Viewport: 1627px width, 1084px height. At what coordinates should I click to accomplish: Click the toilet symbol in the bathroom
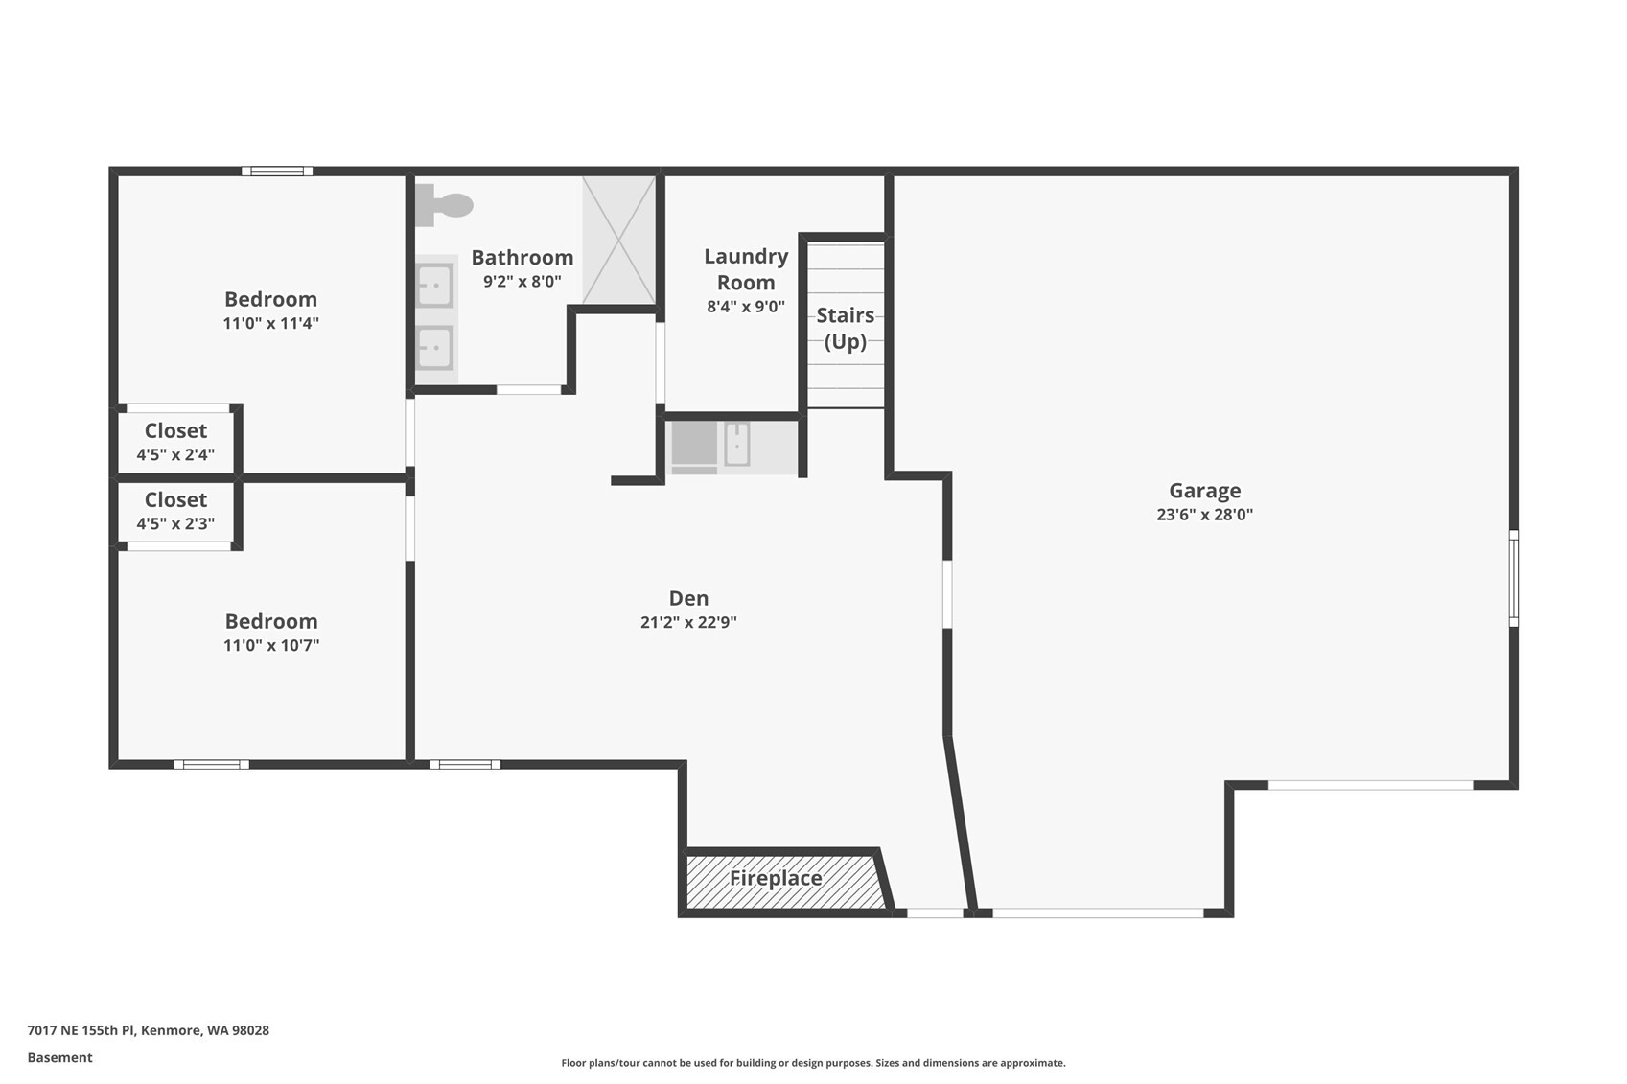[444, 205]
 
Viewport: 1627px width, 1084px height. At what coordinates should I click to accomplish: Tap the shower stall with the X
[618, 241]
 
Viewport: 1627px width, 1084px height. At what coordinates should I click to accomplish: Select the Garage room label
[1204, 491]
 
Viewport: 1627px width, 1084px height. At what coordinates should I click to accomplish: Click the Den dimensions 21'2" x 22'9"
[688, 622]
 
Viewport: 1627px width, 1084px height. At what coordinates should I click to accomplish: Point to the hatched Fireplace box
[786, 882]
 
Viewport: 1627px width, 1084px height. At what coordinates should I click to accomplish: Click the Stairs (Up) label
[846, 328]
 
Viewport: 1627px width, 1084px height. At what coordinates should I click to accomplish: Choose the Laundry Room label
[746, 269]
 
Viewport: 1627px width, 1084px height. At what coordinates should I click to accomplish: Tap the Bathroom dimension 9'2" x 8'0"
[523, 281]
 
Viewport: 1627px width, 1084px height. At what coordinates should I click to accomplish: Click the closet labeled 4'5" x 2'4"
[175, 441]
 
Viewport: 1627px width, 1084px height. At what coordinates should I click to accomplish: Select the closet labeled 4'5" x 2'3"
[175, 511]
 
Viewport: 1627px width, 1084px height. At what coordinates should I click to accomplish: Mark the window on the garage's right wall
[1514, 578]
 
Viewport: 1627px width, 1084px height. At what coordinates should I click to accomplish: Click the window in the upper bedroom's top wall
[277, 172]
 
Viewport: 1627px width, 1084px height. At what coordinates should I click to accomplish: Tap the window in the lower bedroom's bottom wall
[211, 765]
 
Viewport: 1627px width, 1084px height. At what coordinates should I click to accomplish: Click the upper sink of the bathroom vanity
[435, 286]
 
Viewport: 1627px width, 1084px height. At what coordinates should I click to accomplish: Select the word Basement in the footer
[59, 1058]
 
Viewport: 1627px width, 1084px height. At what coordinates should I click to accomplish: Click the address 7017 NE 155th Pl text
[81, 1030]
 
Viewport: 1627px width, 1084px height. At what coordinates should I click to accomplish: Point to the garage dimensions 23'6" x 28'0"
[1204, 514]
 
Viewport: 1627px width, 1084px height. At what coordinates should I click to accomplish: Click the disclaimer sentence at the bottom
[813, 1063]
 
